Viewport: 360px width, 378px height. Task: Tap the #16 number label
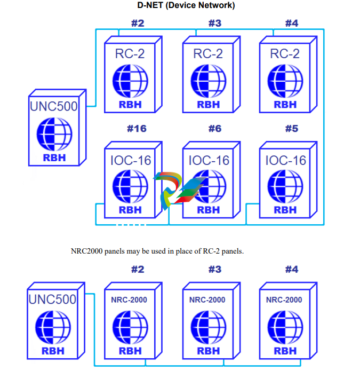tap(137, 129)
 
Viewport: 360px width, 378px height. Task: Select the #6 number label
tap(215, 129)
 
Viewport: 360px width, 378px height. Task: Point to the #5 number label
tap(292, 129)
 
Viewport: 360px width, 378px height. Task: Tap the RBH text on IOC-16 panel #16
tap(130, 210)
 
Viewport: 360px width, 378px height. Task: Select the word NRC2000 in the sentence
tap(86, 251)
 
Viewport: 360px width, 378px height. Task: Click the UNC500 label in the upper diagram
tap(53, 106)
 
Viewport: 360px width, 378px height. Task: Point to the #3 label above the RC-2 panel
tap(215, 23)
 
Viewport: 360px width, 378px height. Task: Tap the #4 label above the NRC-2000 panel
tap(292, 270)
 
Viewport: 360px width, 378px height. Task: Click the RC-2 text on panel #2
tap(130, 53)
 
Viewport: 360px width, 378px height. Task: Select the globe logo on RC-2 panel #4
tap(285, 80)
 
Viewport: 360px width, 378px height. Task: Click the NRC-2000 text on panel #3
tap(207, 300)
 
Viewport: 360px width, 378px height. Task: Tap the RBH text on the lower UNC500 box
tap(53, 351)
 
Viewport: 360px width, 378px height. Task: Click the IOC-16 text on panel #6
tap(209, 160)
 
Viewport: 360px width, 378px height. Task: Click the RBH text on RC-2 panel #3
tap(208, 104)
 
